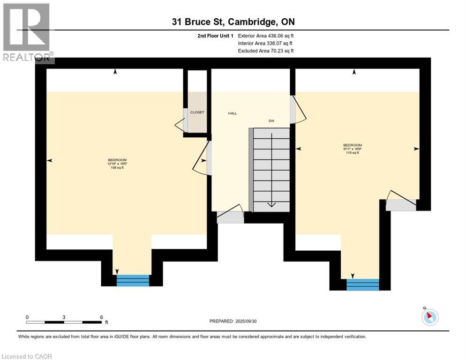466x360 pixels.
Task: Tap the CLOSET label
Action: click(x=197, y=112)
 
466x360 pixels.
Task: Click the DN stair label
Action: click(x=271, y=121)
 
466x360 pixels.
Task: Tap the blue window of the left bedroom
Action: click(x=133, y=280)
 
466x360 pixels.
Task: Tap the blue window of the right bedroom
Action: click(x=362, y=285)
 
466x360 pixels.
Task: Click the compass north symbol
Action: click(x=429, y=317)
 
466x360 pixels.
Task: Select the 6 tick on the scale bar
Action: click(x=101, y=317)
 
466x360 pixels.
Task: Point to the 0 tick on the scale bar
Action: click(x=27, y=317)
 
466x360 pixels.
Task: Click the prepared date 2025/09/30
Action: click(x=233, y=321)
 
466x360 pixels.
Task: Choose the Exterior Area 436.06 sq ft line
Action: click(x=266, y=36)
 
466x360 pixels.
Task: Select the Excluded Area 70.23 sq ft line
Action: click(x=266, y=51)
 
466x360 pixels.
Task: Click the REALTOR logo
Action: click(x=27, y=32)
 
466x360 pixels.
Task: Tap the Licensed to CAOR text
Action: click(x=28, y=356)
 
